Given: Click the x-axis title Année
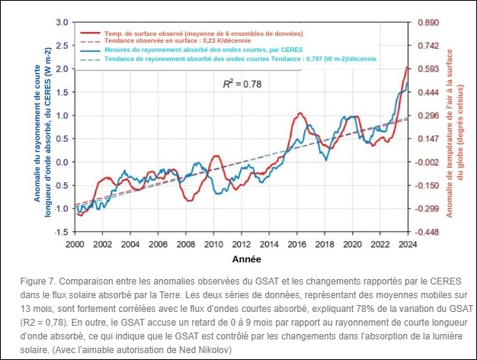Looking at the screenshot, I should tap(240, 260).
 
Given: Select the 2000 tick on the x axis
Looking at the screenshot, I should tap(74, 244).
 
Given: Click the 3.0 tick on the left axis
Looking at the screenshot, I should tap(62, 23).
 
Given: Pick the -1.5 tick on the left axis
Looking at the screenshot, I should tap(61, 231).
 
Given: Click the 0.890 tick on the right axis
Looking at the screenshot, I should tap(427, 23).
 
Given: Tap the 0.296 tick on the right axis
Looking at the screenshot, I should tap(427, 116).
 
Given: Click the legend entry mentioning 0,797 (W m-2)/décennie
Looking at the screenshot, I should tap(206, 58).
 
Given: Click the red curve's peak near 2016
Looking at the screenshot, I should tap(301, 114).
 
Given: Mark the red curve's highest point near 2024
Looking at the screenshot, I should tap(406, 67).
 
